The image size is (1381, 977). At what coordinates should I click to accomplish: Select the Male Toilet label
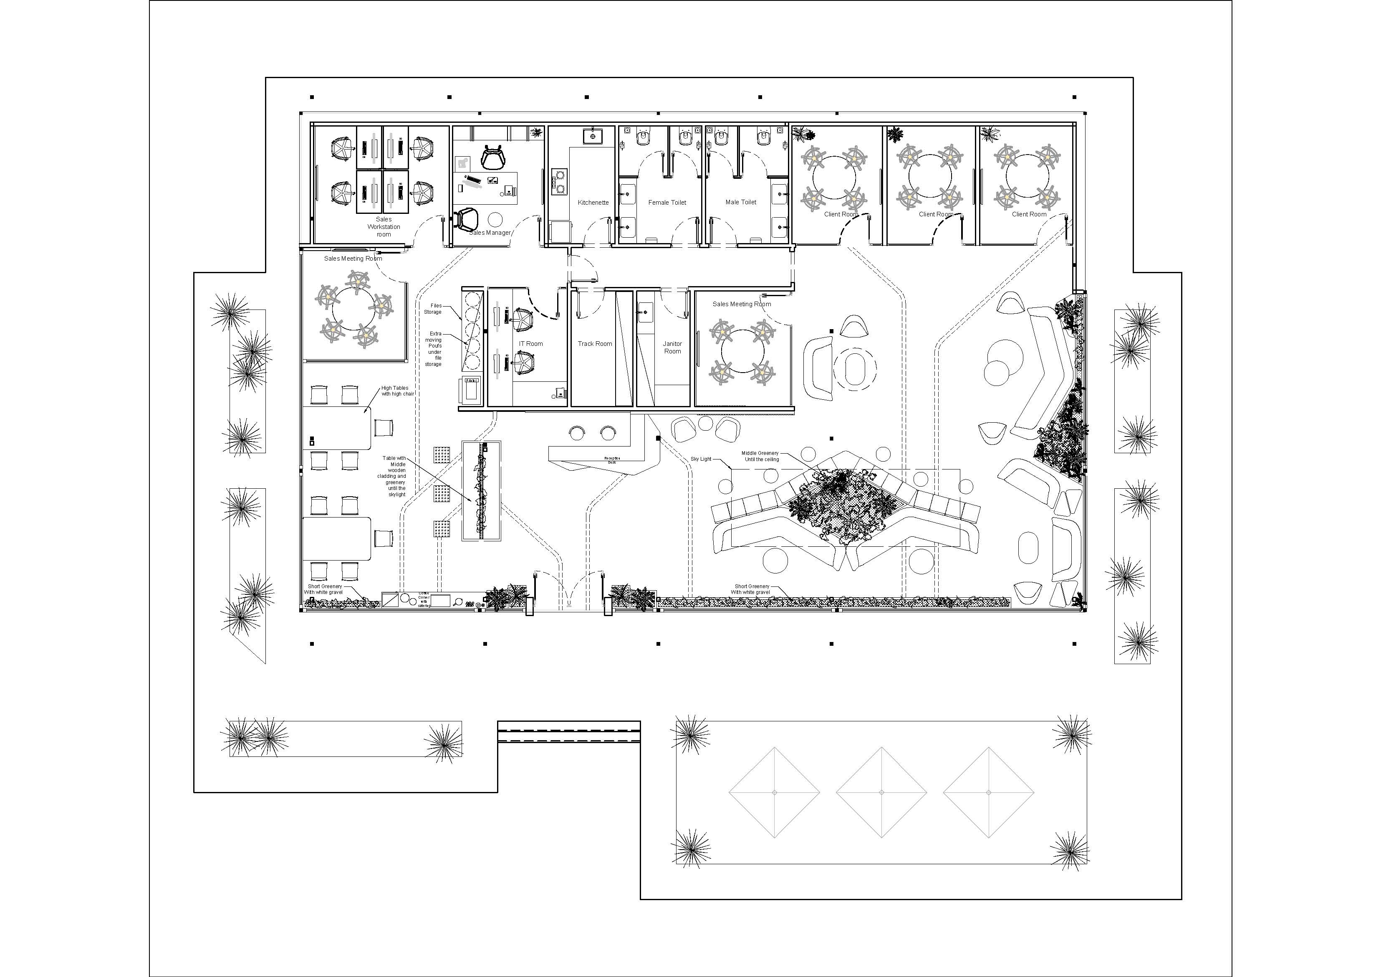click(740, 202)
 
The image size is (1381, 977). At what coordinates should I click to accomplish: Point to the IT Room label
click(530, 344)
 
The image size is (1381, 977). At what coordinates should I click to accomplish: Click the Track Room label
click(595, 344)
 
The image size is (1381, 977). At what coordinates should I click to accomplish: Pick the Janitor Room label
click(672, 348)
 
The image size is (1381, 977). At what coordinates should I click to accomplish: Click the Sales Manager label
click(490, 232)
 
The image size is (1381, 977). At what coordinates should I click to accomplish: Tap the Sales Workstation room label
click(384, 227)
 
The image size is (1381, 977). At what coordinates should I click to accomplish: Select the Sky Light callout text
click(701, 459)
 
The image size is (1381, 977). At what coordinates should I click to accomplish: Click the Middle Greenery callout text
click(760, 456)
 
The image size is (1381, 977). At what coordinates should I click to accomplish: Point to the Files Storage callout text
click(433, 309)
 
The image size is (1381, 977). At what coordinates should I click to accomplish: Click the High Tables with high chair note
click(398, 391)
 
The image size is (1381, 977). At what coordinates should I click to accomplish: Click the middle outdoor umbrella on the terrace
click(881, 792)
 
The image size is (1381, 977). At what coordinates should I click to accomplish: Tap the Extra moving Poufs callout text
click(434, 348)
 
